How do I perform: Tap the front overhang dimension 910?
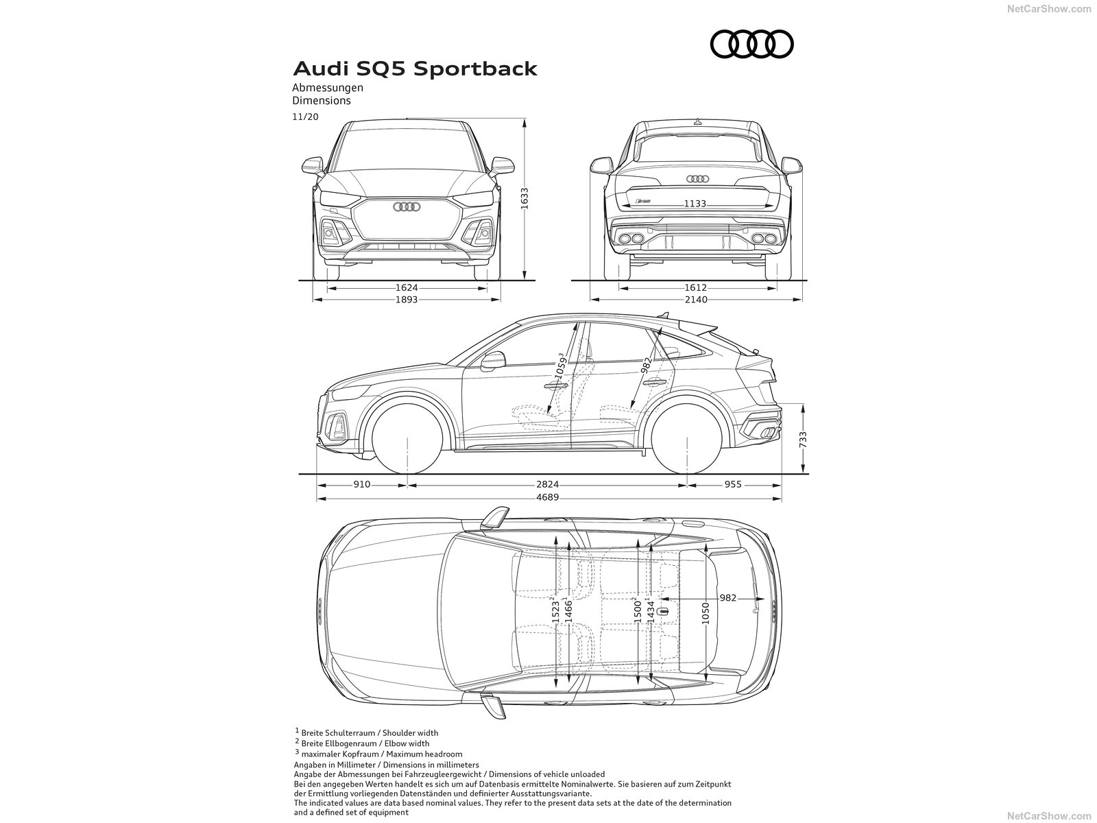[x=362, y=484]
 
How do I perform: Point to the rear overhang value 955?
[x=733, y=484]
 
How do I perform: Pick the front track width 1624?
[x=407, y=288]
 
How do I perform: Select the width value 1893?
[x=407, y=300]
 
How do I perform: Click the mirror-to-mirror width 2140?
[x=696, y=300]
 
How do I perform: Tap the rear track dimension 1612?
[x=696, y=288]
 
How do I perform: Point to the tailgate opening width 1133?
[x=695, y=204]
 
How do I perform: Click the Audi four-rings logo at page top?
[x=751, y=45]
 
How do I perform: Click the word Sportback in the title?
[x=479, y=69]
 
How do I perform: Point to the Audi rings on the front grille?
[x=407, y=206]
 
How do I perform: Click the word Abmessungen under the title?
[x=328, y=88]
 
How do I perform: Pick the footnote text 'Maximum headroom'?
[x=429, y=754]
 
